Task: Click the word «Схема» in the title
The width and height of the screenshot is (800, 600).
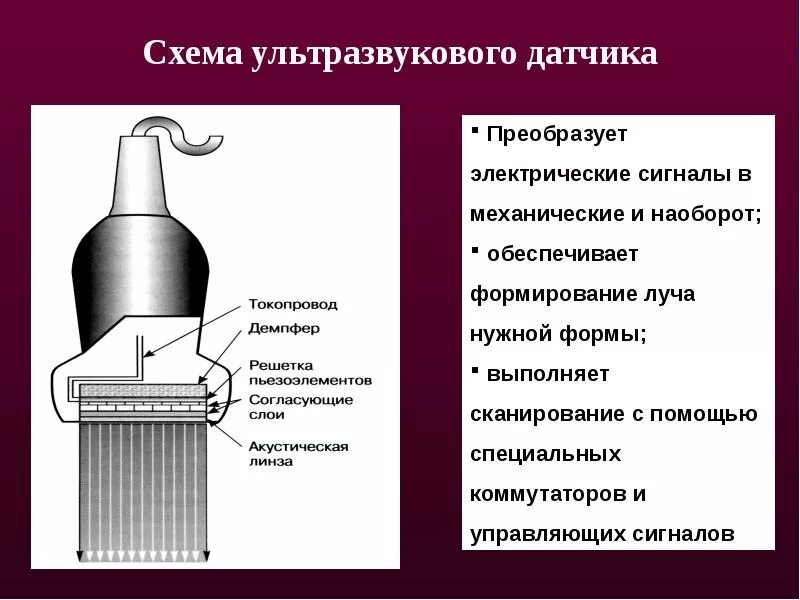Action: tap(187, 53)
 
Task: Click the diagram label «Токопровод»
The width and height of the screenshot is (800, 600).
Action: tap(293, 304)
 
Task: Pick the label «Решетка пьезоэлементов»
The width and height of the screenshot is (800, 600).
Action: tap(309, 373)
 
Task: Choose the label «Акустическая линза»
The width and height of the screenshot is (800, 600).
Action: tap(298, 454)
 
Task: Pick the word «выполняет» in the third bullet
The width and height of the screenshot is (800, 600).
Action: tap(548, 374)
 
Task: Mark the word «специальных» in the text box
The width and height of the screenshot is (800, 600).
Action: tap(545, 454)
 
